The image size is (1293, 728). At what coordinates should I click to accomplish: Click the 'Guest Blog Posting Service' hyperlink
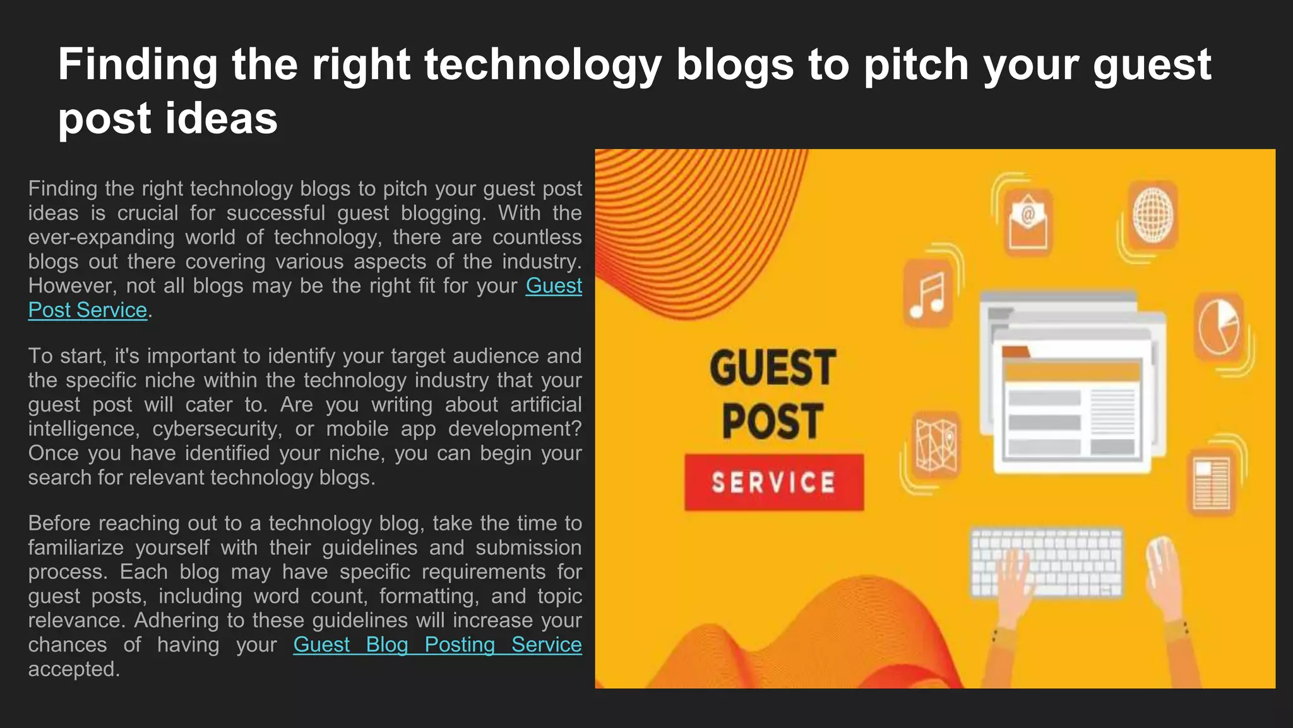[437, 645]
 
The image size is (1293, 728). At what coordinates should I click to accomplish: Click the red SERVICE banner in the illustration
[774, 482]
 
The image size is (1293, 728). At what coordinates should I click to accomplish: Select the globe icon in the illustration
[1153, 215]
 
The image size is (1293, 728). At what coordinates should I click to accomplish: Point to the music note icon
[927, 294]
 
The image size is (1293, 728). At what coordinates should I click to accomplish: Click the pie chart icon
[1219, 327]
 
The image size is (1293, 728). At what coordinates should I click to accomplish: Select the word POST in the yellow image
[773, 422]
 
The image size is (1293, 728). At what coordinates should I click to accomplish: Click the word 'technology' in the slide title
[542, 64]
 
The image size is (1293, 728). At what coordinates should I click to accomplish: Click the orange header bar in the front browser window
[1071, 371]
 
